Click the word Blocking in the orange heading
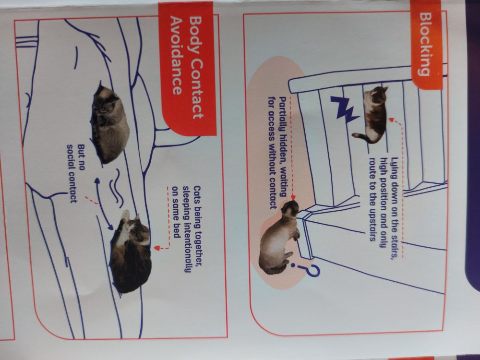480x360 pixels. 428,43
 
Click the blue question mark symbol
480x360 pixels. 306,269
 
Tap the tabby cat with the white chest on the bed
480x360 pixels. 130,251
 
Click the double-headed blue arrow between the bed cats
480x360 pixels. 103,204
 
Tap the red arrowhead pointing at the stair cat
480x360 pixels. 391,119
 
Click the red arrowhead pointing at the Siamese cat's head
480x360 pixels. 293,197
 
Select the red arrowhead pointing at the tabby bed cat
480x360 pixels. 157,248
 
